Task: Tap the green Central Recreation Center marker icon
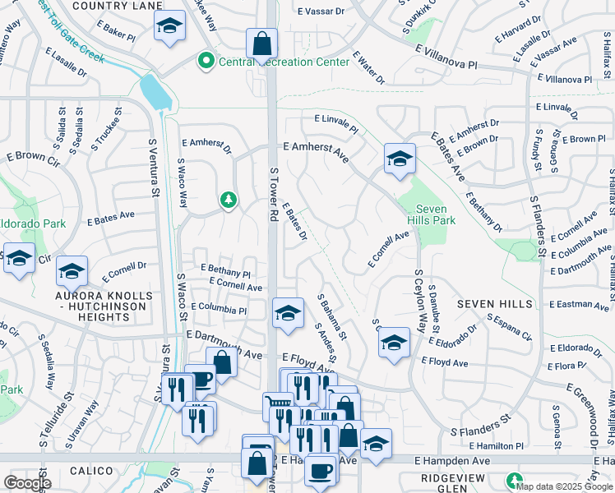point(204,60)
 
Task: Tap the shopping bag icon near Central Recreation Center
point(261,44)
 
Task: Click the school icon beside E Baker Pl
point(169,28)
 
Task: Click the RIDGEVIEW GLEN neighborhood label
point(460,479)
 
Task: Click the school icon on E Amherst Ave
point(400,159)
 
